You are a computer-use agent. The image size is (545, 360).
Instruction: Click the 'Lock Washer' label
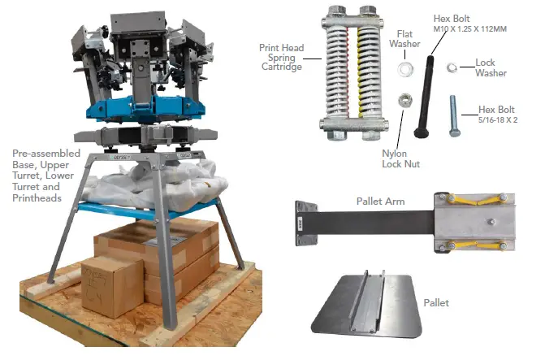[x=491, y=67]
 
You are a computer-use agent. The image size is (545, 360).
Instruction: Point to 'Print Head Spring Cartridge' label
[x=283, y=58]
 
